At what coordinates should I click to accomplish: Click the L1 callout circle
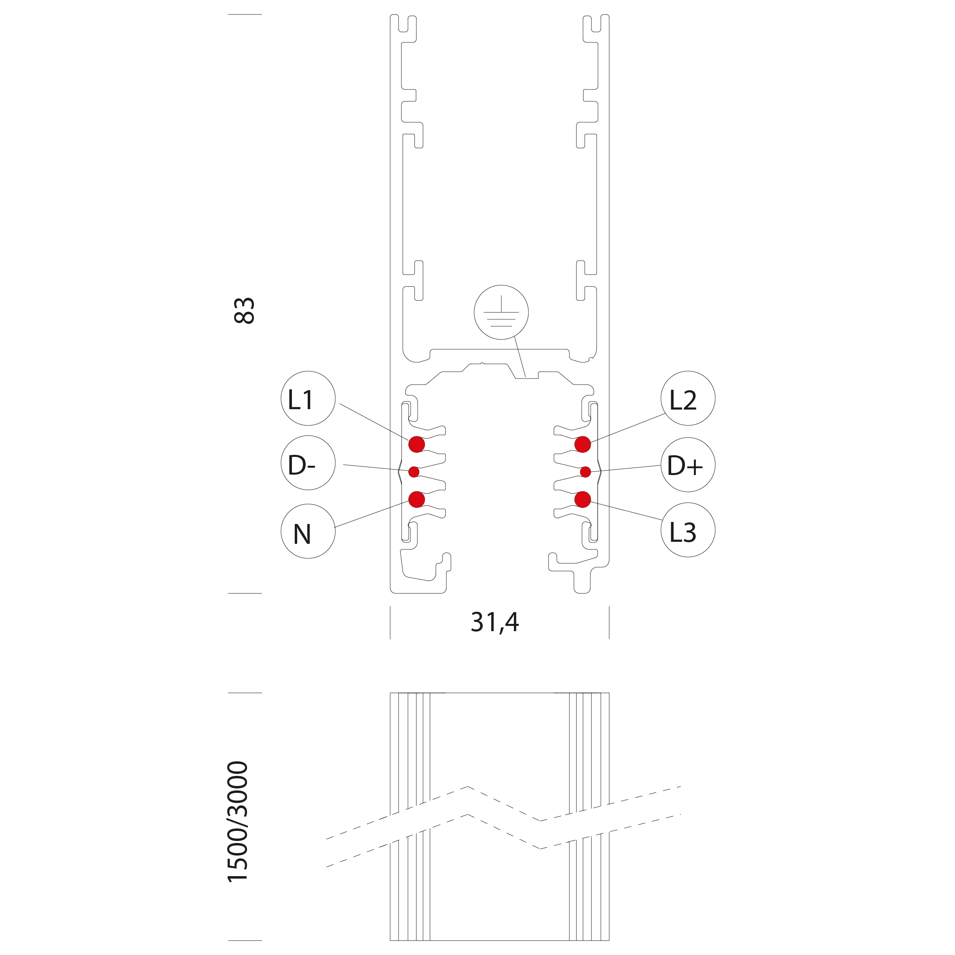pos(308,398)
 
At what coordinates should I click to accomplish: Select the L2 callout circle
pos(688,398)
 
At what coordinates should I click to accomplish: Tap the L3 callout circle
pos(688,530)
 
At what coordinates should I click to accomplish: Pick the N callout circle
pos(308,531)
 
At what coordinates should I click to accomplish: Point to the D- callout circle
pos(308,463)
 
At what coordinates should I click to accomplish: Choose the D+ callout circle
pos(688,465)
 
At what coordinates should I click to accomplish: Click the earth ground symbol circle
pos(501,313)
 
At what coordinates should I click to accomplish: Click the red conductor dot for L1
pos(417,444)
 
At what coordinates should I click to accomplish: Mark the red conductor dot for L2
pos(583,444)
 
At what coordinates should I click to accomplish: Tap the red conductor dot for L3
pos(583,500)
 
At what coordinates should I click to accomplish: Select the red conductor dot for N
pos(417,499)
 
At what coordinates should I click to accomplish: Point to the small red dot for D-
pos(414,472)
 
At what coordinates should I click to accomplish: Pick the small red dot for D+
pos(585,472)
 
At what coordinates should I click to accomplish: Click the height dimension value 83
pos(244,311)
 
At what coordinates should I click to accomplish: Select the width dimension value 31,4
pos(495,623)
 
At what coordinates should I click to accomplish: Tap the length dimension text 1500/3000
pos(237,822)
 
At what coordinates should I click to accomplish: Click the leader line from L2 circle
pos(628,428)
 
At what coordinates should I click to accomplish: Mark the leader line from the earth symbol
pos(520,357)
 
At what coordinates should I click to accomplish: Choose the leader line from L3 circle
pos(626,511)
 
